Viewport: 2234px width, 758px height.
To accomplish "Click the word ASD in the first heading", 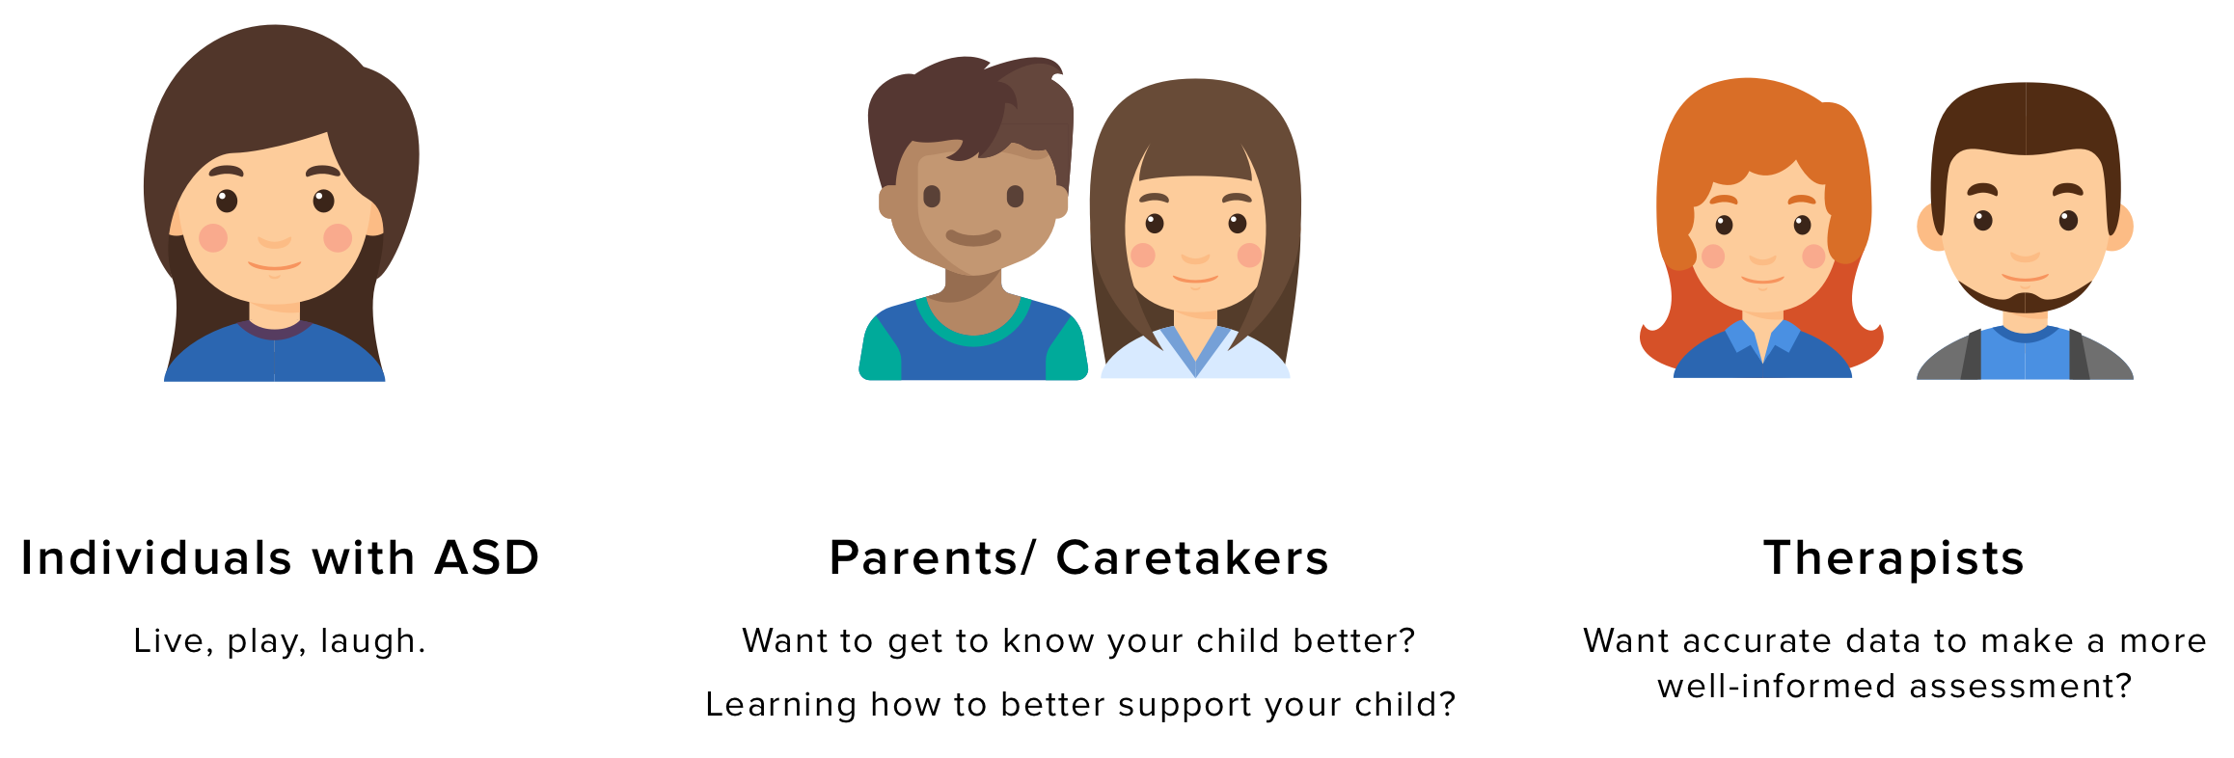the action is (x=487, y=557).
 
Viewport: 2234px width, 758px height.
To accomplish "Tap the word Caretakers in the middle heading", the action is (x=1192, y=557).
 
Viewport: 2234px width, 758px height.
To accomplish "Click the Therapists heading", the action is (x=1893, y=558).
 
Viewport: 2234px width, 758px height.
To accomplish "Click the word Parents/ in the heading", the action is (x=932, y=557).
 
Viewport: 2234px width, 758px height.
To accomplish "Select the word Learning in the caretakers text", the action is (x=780, y=705).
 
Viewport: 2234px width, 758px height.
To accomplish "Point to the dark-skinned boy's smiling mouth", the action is (x=973, y=236).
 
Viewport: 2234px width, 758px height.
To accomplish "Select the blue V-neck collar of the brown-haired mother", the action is (x=1195, y=349).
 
